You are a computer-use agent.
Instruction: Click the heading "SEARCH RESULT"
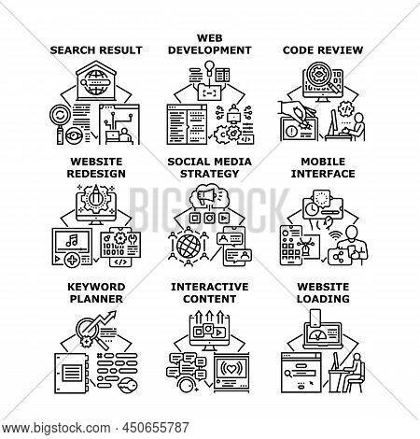pos(96,50)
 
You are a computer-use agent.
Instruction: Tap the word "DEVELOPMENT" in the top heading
pos(210,50)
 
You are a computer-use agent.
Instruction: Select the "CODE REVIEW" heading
pos(323,50)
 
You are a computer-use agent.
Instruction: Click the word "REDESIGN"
pos(96,174)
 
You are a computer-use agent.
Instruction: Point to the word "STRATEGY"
pos(210,174)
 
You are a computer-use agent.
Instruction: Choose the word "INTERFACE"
pos(323,174)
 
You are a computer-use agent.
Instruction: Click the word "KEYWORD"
pos(96,287)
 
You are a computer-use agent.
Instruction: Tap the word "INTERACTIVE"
pos(210,287)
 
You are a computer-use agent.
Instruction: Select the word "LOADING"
pos(323,299)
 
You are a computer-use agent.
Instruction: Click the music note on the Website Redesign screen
pos(72,240)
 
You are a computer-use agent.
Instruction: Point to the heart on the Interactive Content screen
pos(231,369)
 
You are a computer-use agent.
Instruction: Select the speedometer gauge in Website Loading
pos(317,335)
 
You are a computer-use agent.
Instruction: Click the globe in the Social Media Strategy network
pos(189,246)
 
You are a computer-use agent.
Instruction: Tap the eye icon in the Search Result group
pos(74,136)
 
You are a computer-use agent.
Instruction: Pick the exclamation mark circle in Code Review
pos(292,132)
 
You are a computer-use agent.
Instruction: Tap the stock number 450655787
pos(156,428)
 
